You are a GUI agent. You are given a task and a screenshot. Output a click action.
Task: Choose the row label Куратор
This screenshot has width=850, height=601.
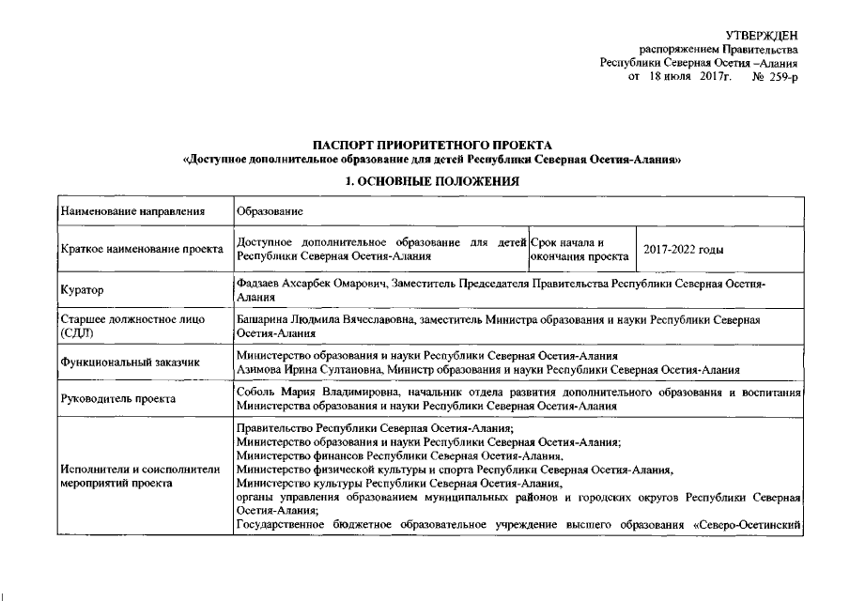click(x=82, y=290)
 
